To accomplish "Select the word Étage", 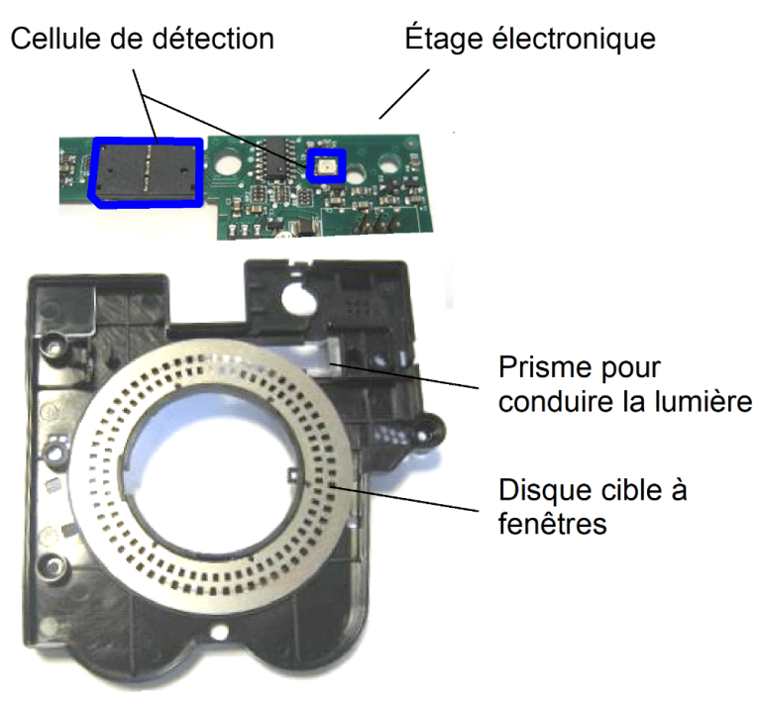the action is click(444, 40).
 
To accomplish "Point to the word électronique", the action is click(574, 40).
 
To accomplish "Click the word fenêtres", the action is click(552, 524).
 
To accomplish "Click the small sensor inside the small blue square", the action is click(327, 165).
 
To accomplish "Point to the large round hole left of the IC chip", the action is click(227, 163).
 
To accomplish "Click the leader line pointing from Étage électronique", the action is click(404, 94).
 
